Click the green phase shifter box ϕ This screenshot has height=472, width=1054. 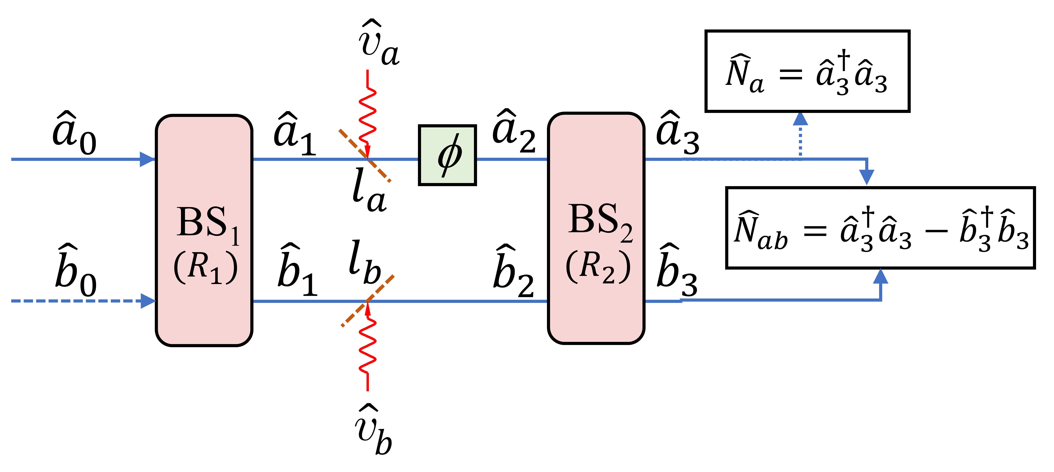click(x=447, y=155)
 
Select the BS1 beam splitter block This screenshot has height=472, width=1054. click(x=204, y=230)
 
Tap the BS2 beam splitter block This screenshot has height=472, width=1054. click(x=596, y=228)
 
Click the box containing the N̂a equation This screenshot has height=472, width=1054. click(x=807, y=71)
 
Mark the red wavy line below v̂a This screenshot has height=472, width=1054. click(x=367, y=115)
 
